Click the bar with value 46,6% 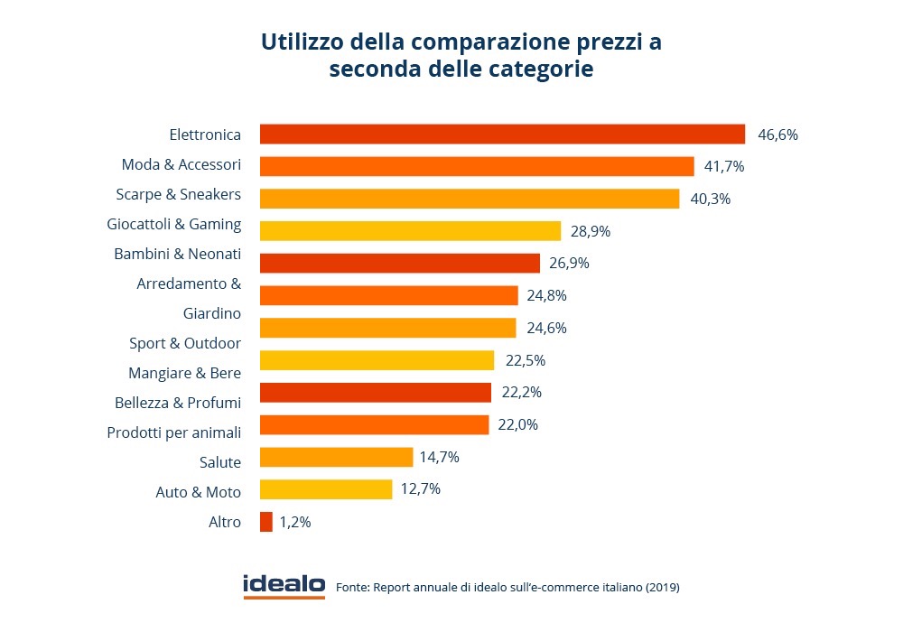click(x=502, y=135)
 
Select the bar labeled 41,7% click(x=477, y=167)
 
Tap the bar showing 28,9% click(x=410, y=231)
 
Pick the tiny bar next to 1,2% click(x=266, y=522)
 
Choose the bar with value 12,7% click(x=326, y=489)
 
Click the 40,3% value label click(x=710, y=199)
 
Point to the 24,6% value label click(x=546, y=328)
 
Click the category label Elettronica click(x=205, y=135)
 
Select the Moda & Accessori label click(x=182, y=164)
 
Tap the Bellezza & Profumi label click(x=178, y=403)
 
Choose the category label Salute click(x=220, y=462)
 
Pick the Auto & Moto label click(x=199, y=492)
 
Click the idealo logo click(x=284, y=586)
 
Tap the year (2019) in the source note click(x=662, y=588)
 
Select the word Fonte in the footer click(x=352, y=588)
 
